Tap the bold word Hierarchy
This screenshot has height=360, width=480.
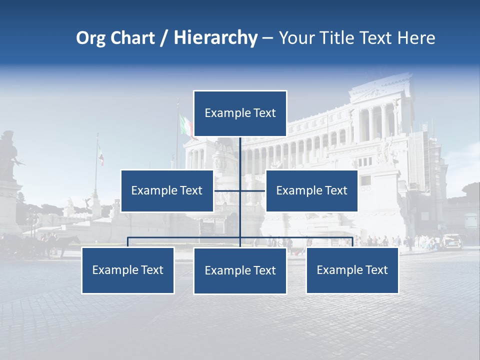point(215,37)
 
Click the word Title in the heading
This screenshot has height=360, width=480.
point(342,37)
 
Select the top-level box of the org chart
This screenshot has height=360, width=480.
point(240,113)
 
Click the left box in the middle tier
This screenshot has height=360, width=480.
point(167,190)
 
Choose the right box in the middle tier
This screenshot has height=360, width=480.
point(311,190)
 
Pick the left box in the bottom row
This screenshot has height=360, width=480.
point(128,270)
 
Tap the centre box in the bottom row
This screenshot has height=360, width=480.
point(240,270)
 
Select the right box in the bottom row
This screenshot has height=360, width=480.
point(352,270)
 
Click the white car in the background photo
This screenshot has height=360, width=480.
point(452,240)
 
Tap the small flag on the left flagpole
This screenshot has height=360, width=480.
point(101,155)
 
